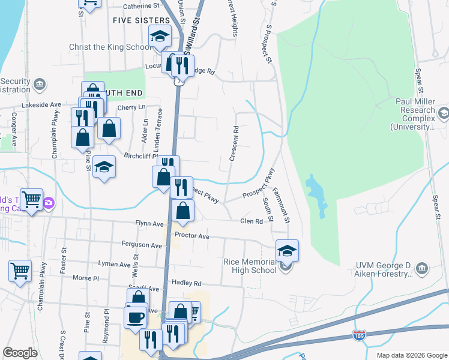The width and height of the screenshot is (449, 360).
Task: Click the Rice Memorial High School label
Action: point(249,266)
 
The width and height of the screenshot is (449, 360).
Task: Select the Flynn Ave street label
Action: point(149,224)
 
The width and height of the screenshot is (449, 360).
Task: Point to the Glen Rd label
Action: point(252,221)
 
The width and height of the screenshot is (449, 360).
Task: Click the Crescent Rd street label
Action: point(234,143)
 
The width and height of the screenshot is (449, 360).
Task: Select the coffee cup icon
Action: point(135,317)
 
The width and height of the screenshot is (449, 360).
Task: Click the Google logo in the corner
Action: point(20,352)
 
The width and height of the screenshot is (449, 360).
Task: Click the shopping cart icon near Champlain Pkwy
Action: point(20,270)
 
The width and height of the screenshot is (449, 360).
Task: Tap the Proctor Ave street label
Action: point(191,236)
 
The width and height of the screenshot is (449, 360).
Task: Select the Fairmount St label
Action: point(281,205)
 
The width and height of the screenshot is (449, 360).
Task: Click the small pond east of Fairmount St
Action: point(316,195)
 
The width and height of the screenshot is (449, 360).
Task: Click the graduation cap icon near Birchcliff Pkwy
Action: point(104,167)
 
